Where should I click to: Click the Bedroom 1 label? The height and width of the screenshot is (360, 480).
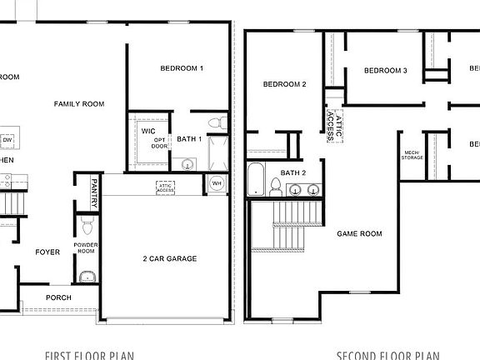click(182, 68)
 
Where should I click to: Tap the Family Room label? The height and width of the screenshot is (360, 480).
click(79, 104)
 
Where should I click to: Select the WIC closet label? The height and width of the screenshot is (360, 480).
click(148, 132)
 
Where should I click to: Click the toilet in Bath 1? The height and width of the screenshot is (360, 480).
click(215, 124)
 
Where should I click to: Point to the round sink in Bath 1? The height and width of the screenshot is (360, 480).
click(187, 164)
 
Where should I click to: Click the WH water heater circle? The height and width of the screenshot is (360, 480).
click(216, 183)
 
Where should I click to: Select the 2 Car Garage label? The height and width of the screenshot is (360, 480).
click(169, 259)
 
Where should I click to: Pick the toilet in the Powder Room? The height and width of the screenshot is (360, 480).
click(87, 227)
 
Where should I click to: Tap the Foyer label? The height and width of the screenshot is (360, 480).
click(47, 252)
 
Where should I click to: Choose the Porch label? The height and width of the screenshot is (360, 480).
click(58, 297)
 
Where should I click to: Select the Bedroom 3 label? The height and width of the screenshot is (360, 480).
click(385, 71)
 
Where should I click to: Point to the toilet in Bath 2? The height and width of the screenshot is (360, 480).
click(274, 189)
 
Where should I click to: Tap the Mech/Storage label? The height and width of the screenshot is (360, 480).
click(412, 155)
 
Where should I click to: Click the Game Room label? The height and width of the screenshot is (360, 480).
click(359, 234)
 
